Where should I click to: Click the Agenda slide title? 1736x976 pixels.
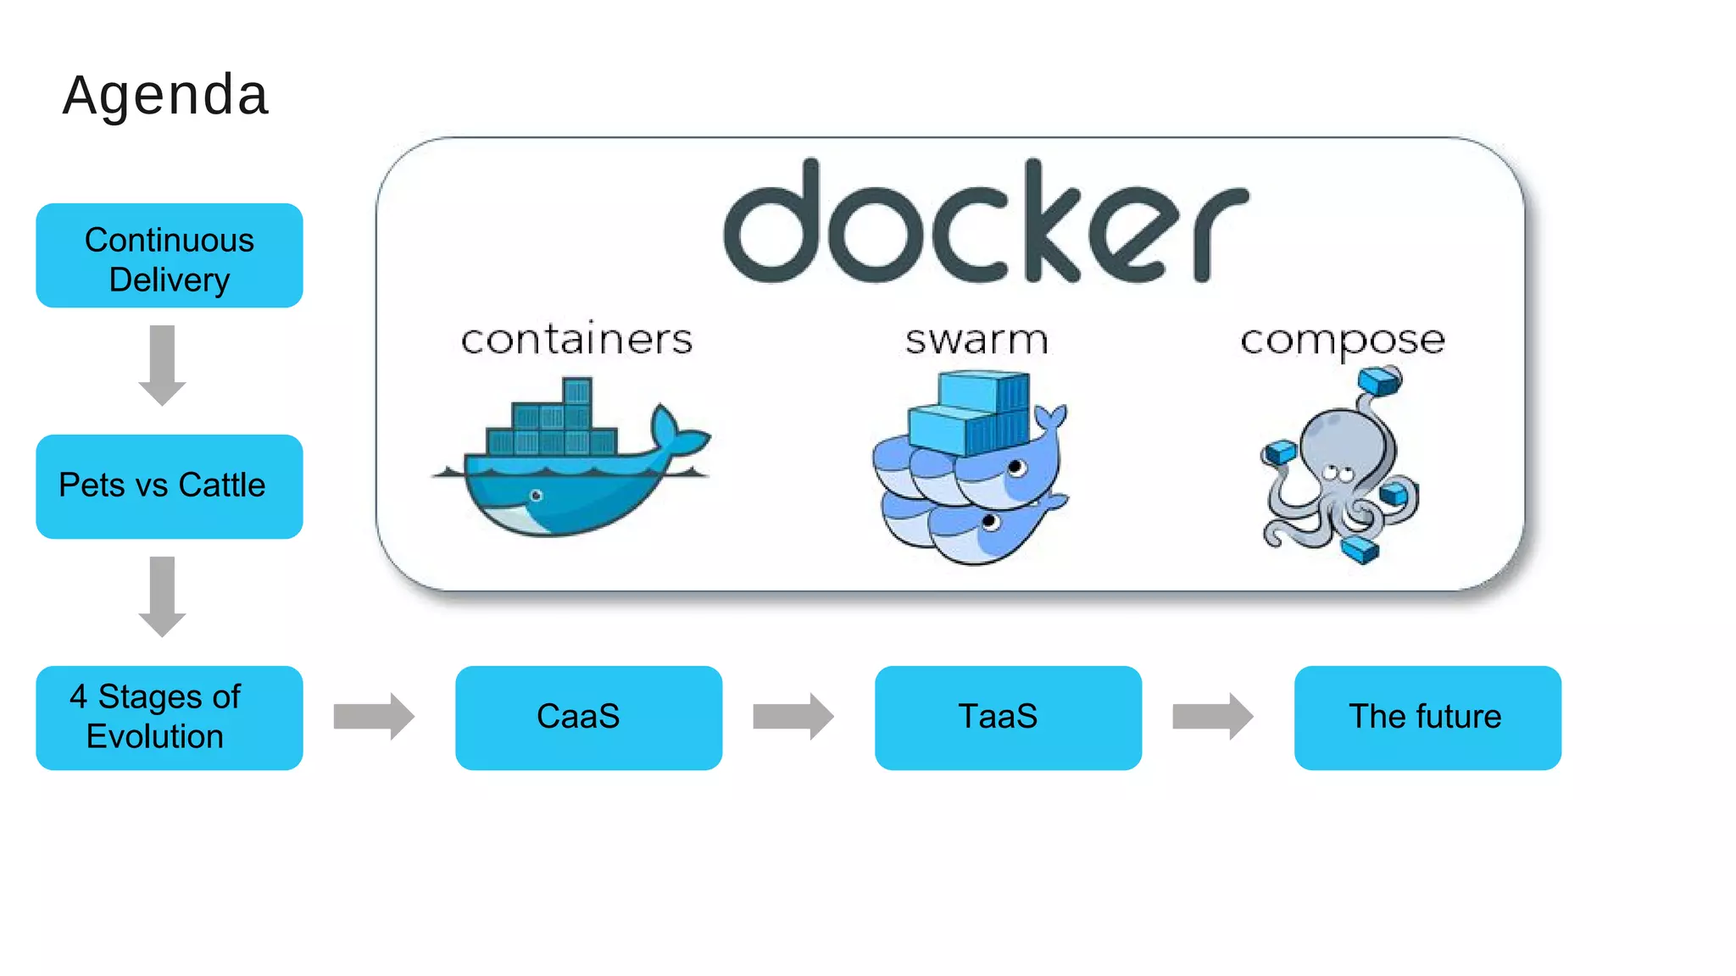pyautogui.click(x=165, y=95)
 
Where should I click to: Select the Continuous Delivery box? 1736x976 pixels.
pyautogui.click(x=170, y=256)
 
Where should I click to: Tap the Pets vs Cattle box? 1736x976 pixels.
pyautogui.click(x=170, y=486)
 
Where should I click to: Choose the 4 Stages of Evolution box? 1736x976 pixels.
pyautogui.click(x=170, y=718)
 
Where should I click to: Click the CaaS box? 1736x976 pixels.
pyautogui.click(x=588, y=718)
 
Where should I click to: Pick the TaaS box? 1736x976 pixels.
pyautogui.click(x=1008, y=718)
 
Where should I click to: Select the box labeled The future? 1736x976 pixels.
pyautogui.click(x=1427, y=718)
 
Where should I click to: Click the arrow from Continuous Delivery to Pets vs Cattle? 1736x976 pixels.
pyautogui.click(x=162, y=364)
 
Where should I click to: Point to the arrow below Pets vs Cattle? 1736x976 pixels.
pyautogui.click(x=162, y=596)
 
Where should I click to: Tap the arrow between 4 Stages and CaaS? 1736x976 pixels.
pyautogui.click(x=374, y=717)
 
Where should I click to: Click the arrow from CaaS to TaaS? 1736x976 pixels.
pyautogui.click(x=793, y=717)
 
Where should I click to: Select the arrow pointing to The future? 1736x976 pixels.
pyautogui.click(x=1213, y=717)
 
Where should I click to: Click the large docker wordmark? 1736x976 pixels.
pyautogui.click(x=985, y=222)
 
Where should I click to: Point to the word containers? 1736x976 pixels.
pyautogui.click(x=576, y=340)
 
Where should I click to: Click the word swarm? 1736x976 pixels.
pyautogui.click(x=976, y=340)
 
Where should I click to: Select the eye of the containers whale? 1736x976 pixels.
pyautogui.click(x=536, y=496)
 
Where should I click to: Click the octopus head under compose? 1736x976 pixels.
pyautogui.click(x=1341, y=441)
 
